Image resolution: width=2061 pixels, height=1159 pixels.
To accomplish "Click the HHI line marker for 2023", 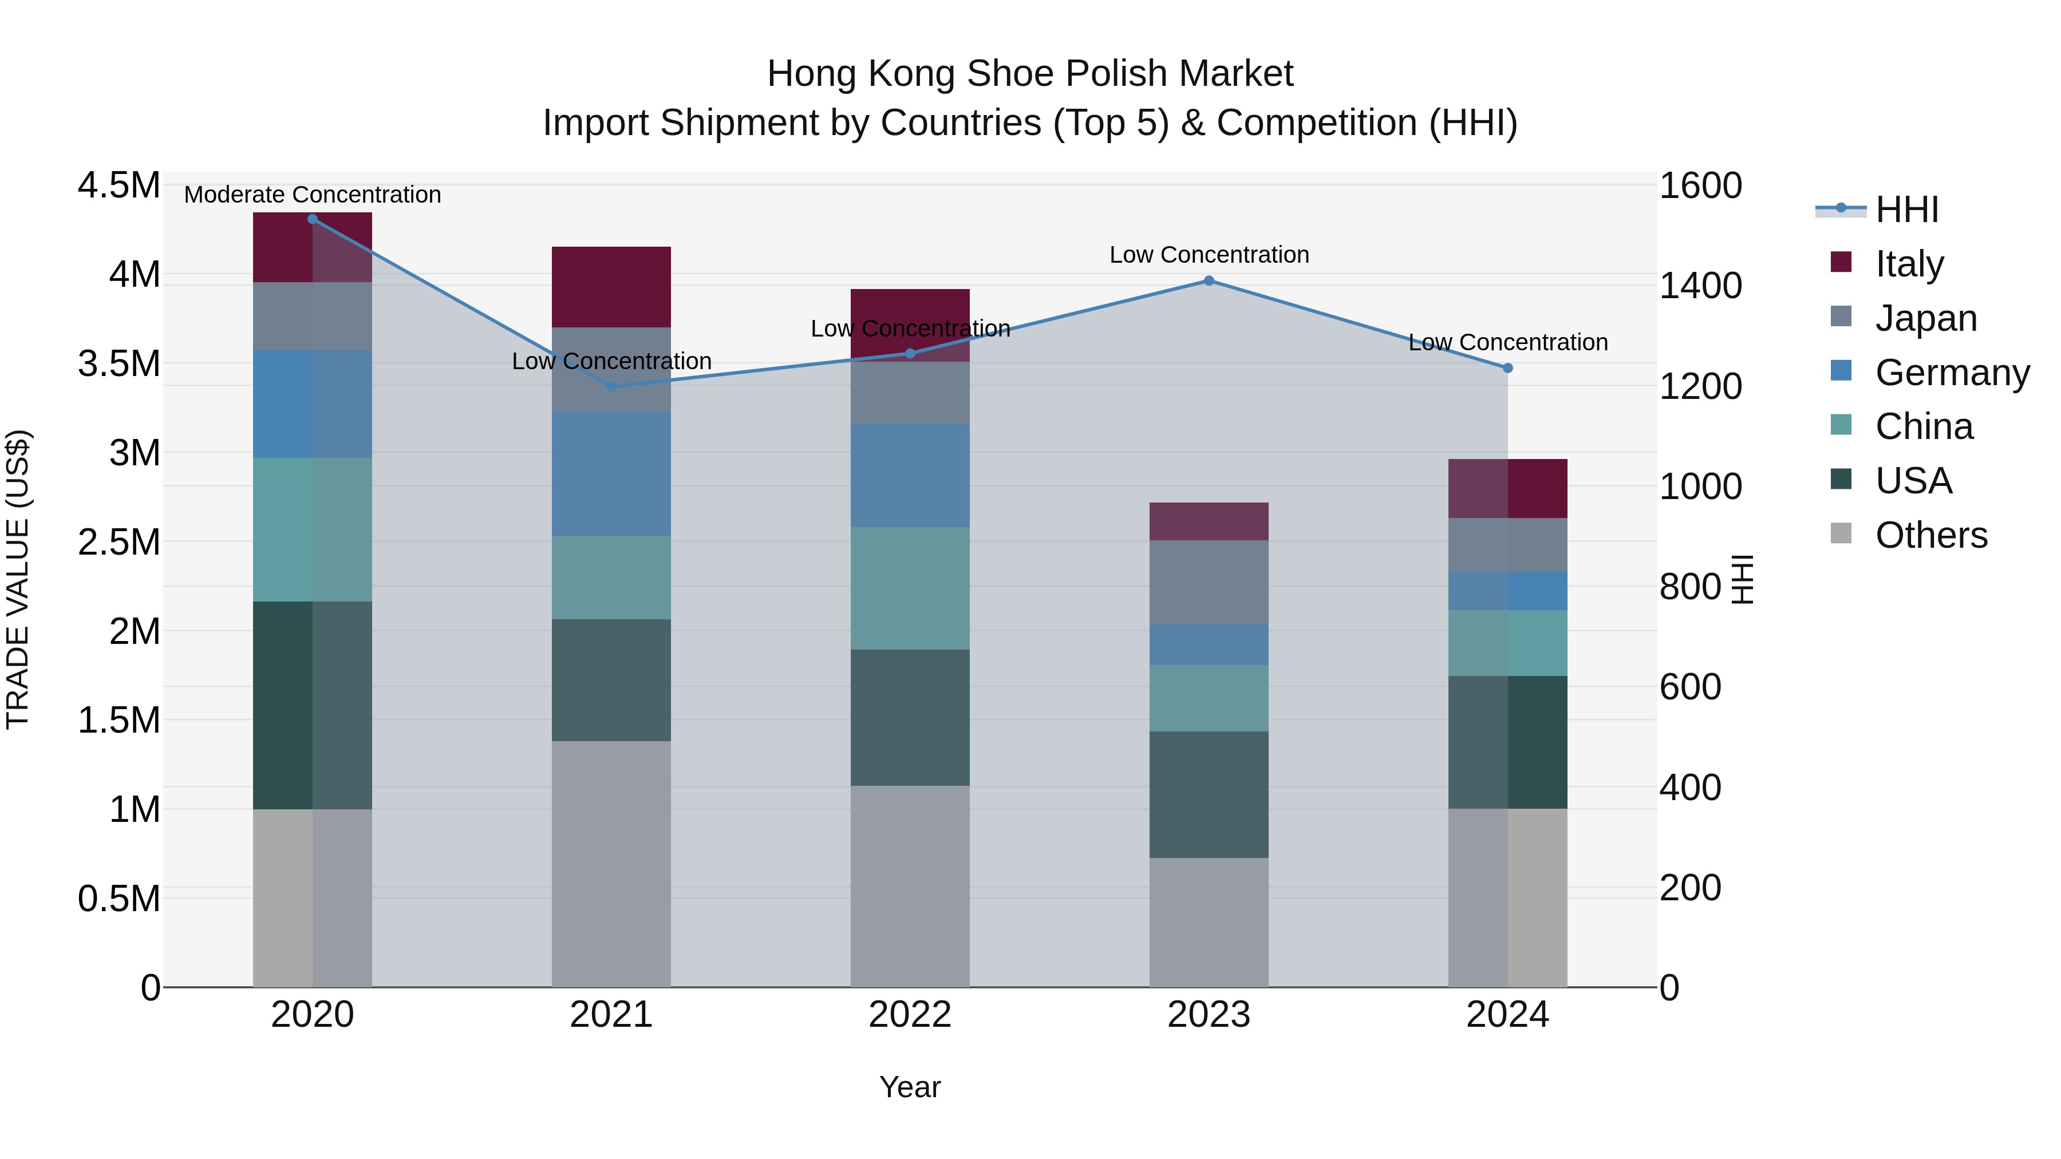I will point(1209,281).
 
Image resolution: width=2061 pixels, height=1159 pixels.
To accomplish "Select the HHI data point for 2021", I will point(611,386).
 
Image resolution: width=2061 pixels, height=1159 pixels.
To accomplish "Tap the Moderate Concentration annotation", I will point(312,195).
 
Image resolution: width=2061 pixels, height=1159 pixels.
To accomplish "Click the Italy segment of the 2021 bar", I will point(611,286).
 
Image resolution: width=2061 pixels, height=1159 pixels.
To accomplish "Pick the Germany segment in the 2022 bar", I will point(910,475).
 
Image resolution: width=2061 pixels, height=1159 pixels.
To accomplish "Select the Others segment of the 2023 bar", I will point(1209,922).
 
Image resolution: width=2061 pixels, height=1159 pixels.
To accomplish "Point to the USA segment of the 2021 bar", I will point(611,680).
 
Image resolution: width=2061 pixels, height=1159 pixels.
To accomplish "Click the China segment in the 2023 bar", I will point(1209,698).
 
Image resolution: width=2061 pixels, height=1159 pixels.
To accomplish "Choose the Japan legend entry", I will point(1925,318).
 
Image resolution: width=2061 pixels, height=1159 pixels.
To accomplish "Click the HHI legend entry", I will point(1906,209).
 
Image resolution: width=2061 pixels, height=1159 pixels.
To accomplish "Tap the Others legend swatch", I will point(1841,533).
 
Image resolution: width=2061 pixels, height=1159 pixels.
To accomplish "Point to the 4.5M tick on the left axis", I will point(119,185).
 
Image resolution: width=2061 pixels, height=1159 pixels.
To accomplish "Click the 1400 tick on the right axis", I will point(1700,286).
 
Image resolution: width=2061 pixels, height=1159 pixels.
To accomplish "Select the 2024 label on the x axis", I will point(1507,1015).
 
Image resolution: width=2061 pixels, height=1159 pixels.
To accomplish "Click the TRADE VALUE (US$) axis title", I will point(18,579).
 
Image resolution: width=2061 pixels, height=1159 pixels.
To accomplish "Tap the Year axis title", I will point(910,1087).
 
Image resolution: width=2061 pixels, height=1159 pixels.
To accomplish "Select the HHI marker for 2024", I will point(1507,368).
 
